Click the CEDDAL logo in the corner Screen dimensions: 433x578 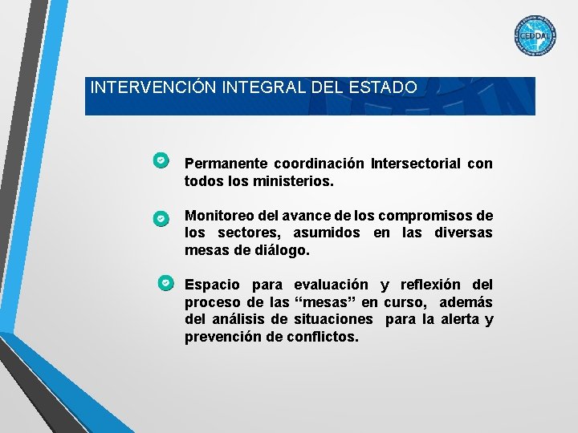(535, 37)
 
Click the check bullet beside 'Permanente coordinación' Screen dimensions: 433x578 (161, 160)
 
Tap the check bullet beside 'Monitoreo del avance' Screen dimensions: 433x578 (161, 217)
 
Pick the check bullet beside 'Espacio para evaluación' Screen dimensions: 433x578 (165, 283)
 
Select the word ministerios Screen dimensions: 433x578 (291, 181)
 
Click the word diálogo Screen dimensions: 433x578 (281, 250)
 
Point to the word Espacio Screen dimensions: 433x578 (212, 285)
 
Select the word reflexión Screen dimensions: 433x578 (429, 285)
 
